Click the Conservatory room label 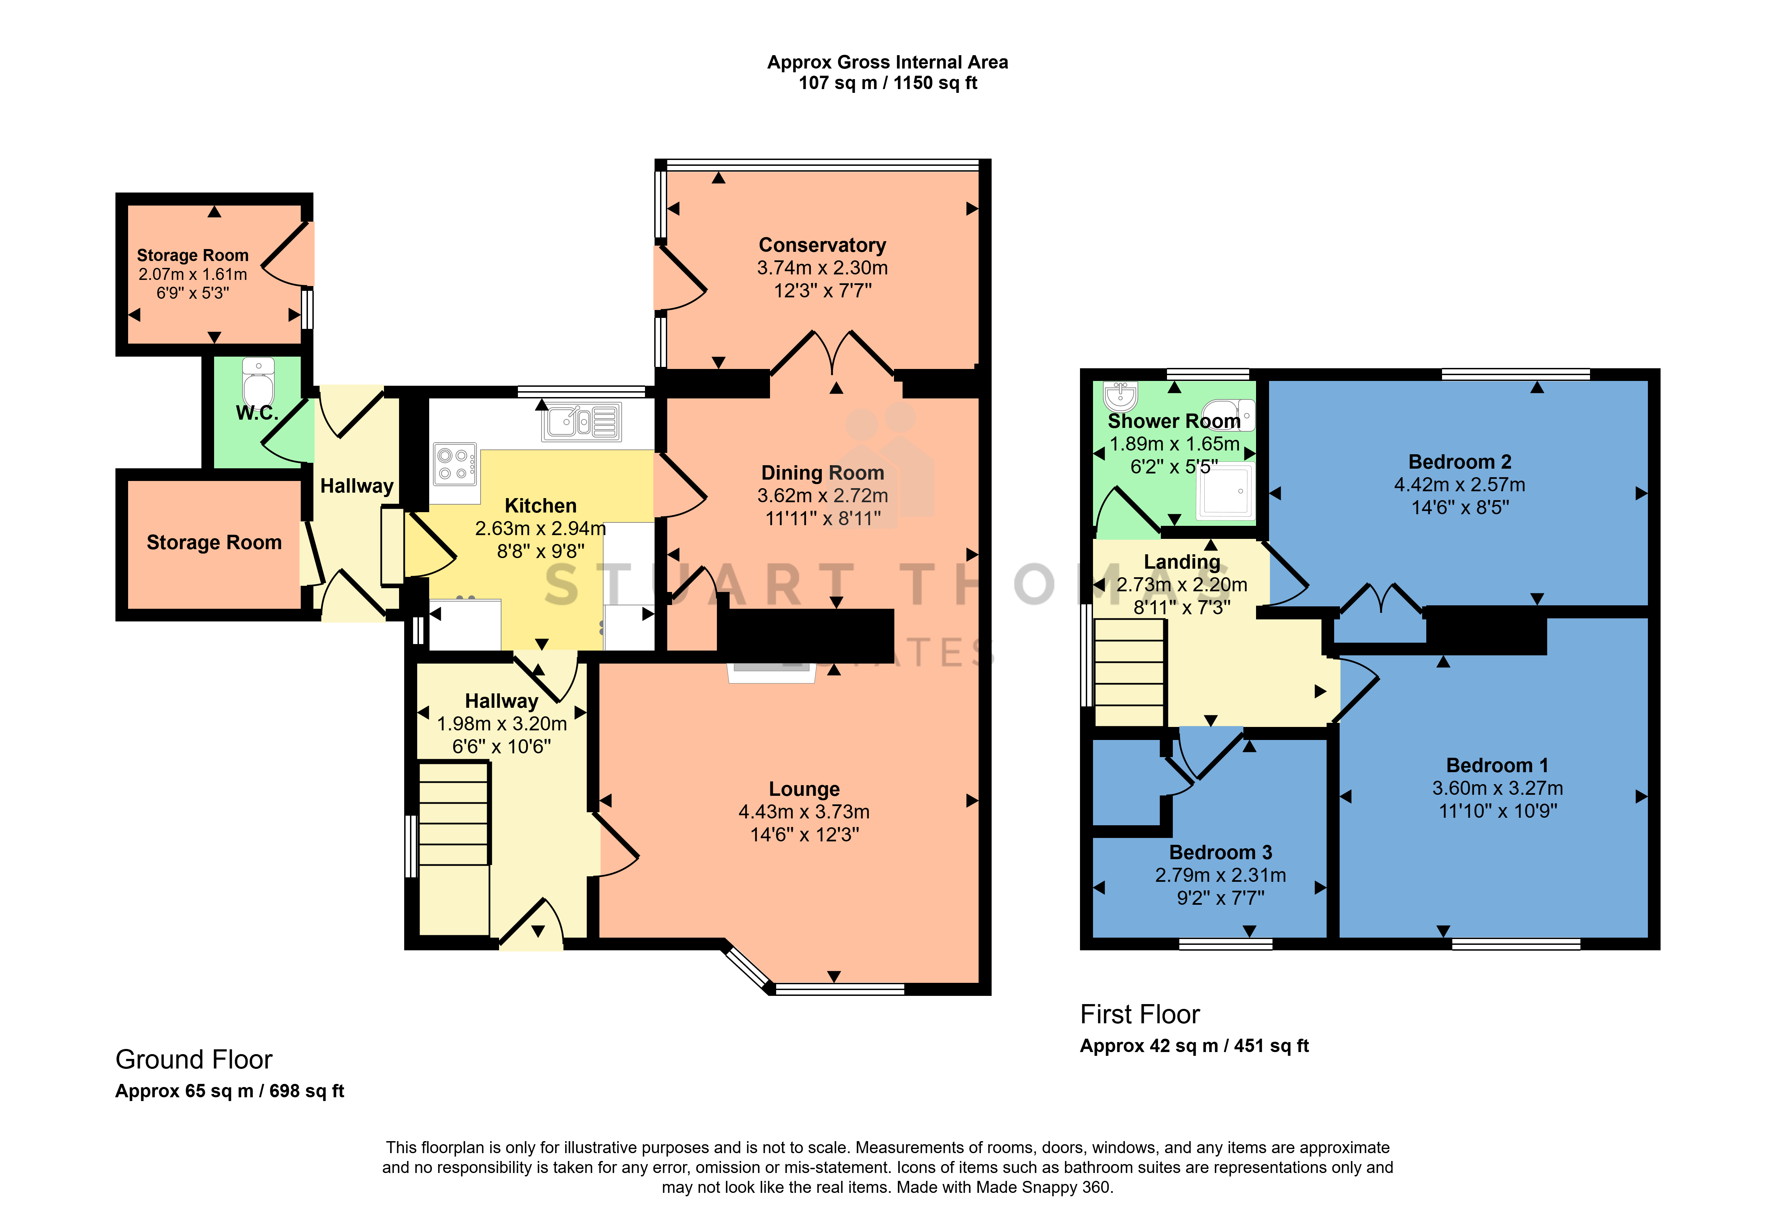point(822,245)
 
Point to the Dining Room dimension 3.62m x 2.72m point(822,496)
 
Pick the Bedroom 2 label point(1460,462)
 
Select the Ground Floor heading point(194,1060)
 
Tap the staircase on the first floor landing point(1129,672)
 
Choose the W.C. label point(257,414)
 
